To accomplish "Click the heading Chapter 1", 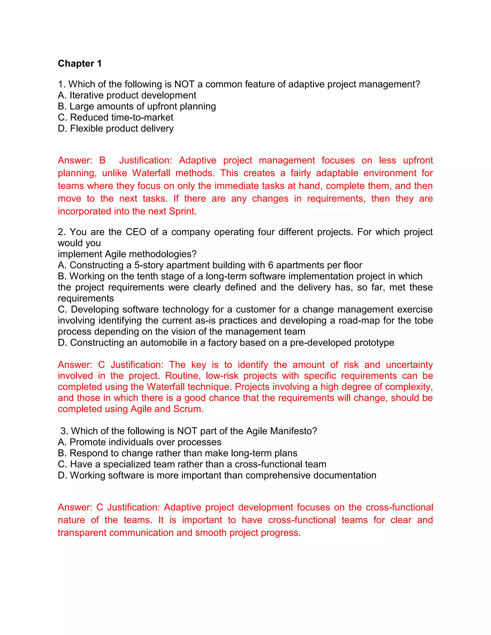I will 80,63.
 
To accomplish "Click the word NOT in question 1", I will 184,84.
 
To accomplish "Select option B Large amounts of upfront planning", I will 137,106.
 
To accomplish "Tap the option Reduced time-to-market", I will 116,117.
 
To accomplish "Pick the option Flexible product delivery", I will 116,128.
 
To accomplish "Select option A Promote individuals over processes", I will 140,442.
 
